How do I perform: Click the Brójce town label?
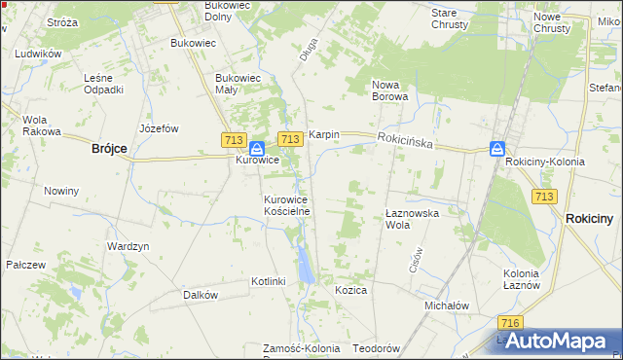[x=109, y=148]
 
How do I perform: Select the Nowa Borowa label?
[x=391, y=90]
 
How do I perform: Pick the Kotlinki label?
[x=268, y=281]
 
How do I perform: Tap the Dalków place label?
[x=200, y=294]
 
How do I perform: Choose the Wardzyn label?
[x=128, y=246]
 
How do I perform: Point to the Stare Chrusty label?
[x=451, y=18]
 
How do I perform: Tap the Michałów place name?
[x=447, y=305]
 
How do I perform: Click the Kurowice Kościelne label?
[x=287, y=205]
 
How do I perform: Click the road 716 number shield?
[x=508, y=322]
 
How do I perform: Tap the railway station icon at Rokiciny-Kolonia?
[x=497, y=149]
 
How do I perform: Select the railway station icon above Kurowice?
[x=256, y=149]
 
